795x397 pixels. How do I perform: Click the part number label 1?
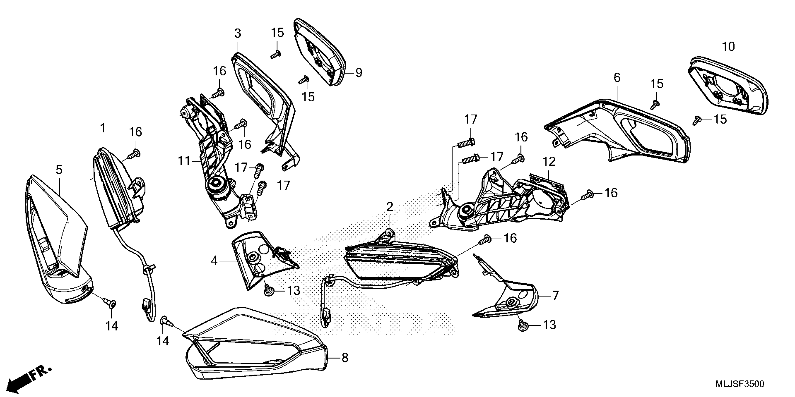coord(103,128)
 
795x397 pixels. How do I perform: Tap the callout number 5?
coord(59,170)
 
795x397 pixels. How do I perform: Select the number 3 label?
coord(238,33)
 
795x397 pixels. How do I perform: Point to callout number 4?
coord(214,261)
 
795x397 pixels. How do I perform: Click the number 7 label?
coord(555,296)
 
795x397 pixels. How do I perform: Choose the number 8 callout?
coord(345,358)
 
